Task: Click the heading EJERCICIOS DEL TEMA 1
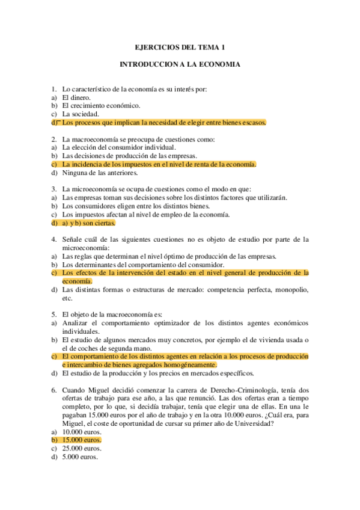pos(180,46)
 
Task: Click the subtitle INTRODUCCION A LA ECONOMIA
pos(180,64)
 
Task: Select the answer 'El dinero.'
pos(76,97)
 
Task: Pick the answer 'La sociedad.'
pos(81,114)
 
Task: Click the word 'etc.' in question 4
pos(67,297)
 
